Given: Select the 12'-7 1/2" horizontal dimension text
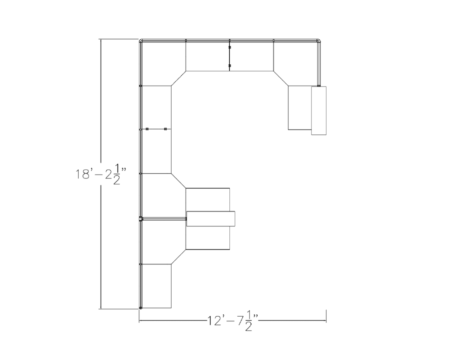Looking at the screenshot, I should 233,321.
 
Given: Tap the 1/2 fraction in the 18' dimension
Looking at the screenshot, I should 116,175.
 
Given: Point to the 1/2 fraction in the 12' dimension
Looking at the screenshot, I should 248,321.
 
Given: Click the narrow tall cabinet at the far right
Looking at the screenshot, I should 319,110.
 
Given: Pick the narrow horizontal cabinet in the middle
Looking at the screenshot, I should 211,218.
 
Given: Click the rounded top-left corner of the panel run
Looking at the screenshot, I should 141,42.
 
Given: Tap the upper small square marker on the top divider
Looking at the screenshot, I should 230,47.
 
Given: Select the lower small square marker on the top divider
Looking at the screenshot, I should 230,66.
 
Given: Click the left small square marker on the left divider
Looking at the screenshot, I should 147,129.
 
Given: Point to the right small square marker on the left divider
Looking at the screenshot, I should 165,129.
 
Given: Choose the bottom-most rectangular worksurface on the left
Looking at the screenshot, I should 156,286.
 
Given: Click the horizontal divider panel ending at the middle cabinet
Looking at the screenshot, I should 163,218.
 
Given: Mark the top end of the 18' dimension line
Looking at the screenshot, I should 100,40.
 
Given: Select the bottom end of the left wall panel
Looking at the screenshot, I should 140,307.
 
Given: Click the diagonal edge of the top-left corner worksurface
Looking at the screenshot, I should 178,78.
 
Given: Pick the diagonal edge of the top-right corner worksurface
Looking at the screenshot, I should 281,78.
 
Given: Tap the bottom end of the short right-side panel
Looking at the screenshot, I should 319,85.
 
